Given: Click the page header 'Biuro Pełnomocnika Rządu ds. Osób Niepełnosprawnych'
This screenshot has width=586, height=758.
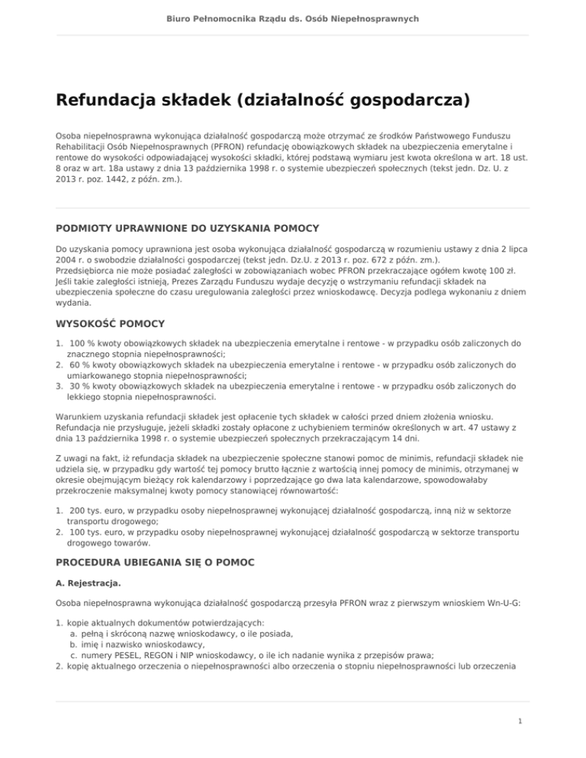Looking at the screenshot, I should pos(293,18).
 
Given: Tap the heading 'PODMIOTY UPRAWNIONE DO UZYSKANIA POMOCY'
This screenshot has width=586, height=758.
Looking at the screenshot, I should pos(188,228).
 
